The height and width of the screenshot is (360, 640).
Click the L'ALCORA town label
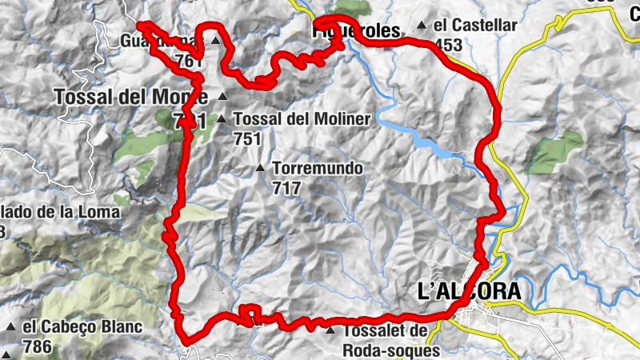tap(469, 291)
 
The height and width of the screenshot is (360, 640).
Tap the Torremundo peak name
tap(318, 170)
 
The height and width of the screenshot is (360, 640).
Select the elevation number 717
tap(286, 189)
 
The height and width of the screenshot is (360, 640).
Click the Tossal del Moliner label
tap(302, 119)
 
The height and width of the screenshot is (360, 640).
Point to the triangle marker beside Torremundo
tap(260, 169)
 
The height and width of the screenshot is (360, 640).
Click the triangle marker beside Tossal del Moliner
tap(221, 119)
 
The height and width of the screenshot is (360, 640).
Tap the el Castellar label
tap(474, 25)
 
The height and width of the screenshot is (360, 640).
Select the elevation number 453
tap(449, 45)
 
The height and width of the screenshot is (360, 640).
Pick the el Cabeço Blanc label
tap(82, 327)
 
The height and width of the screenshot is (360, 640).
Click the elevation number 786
tap(38, 347)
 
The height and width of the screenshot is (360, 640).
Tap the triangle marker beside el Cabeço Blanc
tap(10, 328)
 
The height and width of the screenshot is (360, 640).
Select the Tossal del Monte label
tap(130, 97)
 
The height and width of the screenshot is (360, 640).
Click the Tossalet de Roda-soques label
tap(391, 340)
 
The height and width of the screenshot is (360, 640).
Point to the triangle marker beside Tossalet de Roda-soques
tap(330, 330)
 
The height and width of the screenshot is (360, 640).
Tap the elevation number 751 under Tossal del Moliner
tap(248, 138)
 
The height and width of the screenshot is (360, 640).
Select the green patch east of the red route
tap(557, 151)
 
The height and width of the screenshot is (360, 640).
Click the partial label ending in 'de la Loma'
tap(60, 212)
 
